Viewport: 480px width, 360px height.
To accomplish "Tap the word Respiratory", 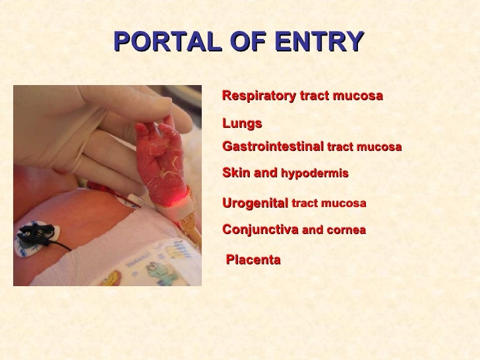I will [260, 96].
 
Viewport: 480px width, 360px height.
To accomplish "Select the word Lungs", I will [242, 123].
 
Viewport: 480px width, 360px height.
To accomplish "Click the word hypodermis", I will [315, 174].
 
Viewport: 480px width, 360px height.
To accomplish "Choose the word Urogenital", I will [255, 204].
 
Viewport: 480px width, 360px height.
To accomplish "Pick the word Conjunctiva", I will [260, 230].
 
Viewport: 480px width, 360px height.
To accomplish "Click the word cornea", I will [346, 231].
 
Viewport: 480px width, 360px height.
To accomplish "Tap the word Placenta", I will [253, 260].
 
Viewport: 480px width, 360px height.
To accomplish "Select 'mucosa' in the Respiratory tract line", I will [361, 96].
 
